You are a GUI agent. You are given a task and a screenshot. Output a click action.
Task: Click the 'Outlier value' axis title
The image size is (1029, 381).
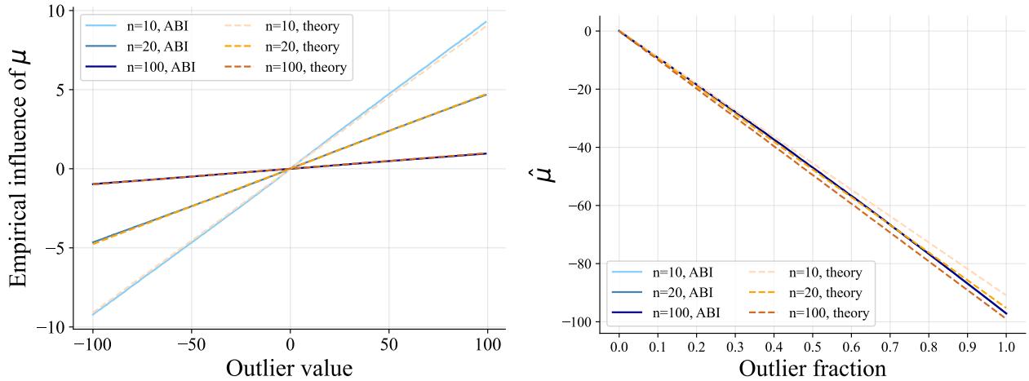pyautogui.click(x=289, y=367)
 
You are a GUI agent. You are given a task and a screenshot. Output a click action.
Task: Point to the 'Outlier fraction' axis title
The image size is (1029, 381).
pyautogui.click(x=812, y=368)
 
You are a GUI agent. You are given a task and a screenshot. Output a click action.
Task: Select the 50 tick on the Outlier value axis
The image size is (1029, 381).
pyautogui.click(x=388, y=345)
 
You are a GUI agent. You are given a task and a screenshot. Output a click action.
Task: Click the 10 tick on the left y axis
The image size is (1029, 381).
pyautogui.click(x=55, y=11)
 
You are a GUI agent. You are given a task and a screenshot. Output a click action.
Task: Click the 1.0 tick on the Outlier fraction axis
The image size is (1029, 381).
pyautogui.click(x=1005, y=346)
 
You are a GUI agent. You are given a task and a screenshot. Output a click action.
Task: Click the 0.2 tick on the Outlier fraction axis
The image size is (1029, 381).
pyautogui.click(x=696, y=346)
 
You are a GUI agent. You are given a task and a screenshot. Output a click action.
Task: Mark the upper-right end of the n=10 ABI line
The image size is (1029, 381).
pyautogui.click(x=486, y=22)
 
